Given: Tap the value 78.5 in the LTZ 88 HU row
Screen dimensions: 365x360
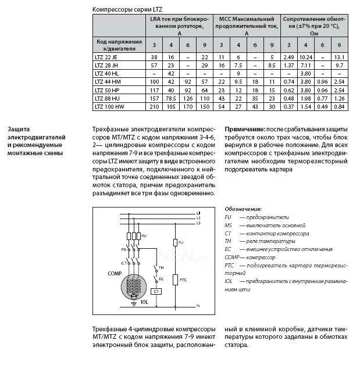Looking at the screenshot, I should click(x=171, y=99).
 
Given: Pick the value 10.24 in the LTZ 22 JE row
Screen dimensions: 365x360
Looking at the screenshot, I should click(x=306, y=57).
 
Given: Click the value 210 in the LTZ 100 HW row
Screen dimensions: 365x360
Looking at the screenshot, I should click(x=154, y=107).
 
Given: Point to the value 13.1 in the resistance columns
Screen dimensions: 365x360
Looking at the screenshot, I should click(x=340, y=57).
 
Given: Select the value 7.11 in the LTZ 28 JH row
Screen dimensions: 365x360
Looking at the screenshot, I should click(x=306, y=66).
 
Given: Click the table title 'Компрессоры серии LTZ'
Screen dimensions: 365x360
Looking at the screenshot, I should click(x=127, y=9).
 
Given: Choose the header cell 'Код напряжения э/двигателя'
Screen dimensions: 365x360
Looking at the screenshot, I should click(x=118, y=45).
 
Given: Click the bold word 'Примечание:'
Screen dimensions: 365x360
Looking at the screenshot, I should click(x=245, y=129).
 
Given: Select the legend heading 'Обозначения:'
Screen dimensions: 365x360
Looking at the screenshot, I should click(x=243, y=209).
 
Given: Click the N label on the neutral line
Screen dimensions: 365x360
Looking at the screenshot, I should click(x=198, y=305).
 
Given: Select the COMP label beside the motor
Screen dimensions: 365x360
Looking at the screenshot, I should click(x=115, y=273).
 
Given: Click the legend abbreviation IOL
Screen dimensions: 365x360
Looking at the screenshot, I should click(x=229, y=281).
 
